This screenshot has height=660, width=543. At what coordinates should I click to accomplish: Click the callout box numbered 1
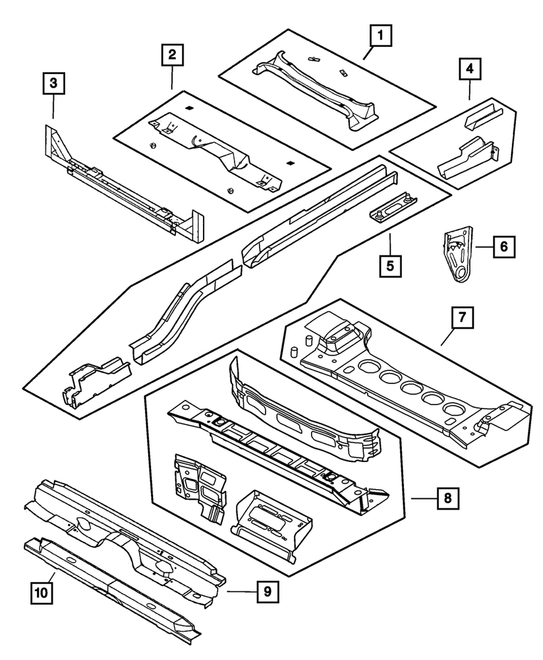pos(380,34)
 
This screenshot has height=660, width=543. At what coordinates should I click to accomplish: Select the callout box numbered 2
pos(171,55)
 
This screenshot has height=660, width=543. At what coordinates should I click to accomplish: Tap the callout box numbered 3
pos(53,84)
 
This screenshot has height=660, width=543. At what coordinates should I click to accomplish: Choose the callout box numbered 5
pos(390,266)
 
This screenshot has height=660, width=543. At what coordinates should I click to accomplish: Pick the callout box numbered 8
pos(447,498)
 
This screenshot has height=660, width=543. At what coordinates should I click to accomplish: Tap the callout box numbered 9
pos(267,592)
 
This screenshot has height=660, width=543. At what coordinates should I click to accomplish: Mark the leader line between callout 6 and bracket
pos(482,247)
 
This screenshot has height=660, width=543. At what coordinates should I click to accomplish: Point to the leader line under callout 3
pos(53,107)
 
